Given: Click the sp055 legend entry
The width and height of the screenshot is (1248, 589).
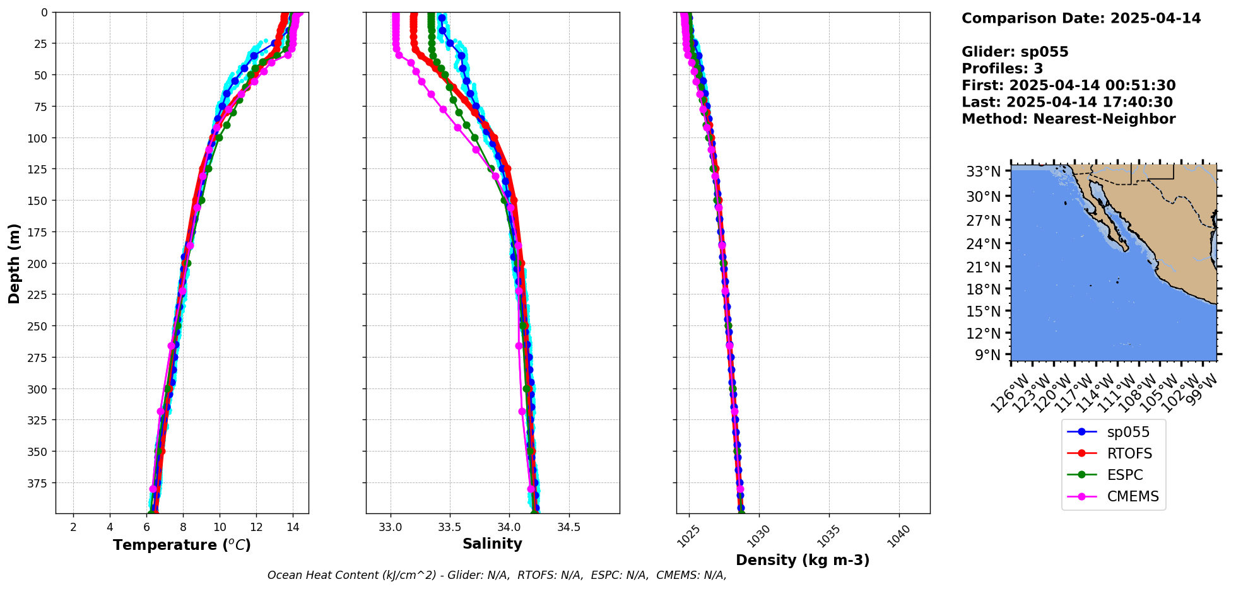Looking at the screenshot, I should (1127, 432).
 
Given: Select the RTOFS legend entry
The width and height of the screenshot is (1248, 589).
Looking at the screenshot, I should (1129, 453).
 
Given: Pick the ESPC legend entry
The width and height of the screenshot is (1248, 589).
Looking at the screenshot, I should (1124, 475).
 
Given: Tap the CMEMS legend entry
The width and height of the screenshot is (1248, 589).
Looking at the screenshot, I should (1133, 496).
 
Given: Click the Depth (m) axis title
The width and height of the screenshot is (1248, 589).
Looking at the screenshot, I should (14, 263).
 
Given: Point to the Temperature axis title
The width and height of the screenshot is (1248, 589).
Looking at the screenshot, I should (182, 545).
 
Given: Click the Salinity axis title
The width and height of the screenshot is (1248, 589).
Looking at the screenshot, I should (492, 544).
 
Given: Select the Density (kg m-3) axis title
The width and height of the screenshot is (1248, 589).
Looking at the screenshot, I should (803, 560).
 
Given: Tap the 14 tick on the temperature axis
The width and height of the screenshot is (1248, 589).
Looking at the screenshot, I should (293, 527).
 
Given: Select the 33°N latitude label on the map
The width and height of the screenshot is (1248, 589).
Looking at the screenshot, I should (983, 172).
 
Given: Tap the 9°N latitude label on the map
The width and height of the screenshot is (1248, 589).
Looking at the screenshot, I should (987, 355).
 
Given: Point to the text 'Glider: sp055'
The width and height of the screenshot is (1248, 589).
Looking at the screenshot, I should (1015, 52).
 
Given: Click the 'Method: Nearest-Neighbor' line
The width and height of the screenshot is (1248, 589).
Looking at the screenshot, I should (1068, 119).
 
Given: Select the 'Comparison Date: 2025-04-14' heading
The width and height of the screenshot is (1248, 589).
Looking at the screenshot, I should (1081, 18).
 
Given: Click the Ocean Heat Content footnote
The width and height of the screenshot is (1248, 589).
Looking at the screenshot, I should (497, 575).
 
